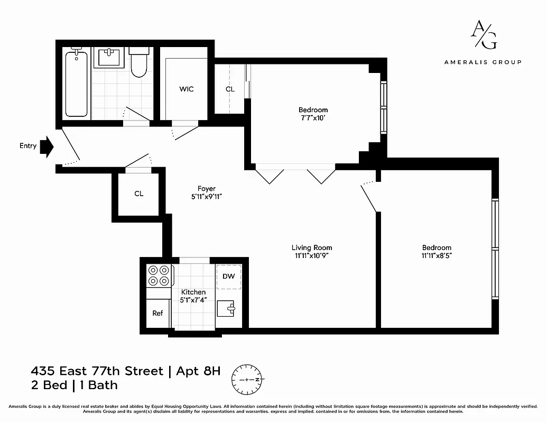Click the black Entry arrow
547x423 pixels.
coord(47,146)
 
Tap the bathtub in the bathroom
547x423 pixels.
coord(77,83)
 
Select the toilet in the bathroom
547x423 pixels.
coord(139,63)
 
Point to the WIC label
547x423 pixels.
coord(186,89)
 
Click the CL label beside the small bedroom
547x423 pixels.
coord(230,89)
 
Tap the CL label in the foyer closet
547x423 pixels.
coord(138,194)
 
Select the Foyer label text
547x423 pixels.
coord(206,189)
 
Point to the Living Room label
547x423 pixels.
coord(312,247)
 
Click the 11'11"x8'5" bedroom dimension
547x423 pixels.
coord(436,255)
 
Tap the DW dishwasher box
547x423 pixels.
coord(228,277)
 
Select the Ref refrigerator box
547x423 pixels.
coord(157,313)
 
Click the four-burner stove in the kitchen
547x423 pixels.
coord(159,275)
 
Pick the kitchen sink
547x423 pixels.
coord(228,309)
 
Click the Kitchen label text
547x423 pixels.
coord(193,292)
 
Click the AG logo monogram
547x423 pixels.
coord(483,35)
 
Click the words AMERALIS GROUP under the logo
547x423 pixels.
coord(483,62)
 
